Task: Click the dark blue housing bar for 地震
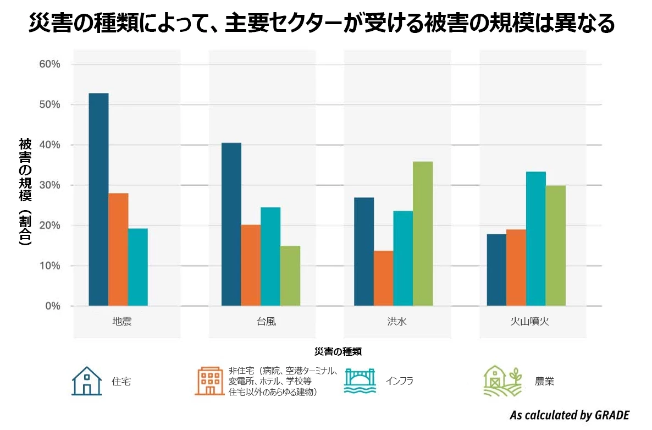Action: click(x=99, y=199)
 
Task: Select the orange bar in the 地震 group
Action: click(x=118, y=249)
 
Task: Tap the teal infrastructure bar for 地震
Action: click(x=138, y=267)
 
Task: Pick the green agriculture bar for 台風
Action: click(x=290, y=275)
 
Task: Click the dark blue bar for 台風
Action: click(x=231, y=224)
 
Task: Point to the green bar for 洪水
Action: click(x=423, y=233)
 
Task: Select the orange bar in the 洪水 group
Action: click(x=384, y=278)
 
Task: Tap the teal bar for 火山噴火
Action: click(x=536, y=239)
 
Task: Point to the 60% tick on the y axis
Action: click(x=49, y=64)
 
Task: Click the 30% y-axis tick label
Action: click(x=49, y=185)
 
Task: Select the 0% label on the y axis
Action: click(x=52, y=306)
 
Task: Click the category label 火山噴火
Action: click(x=528, y=321)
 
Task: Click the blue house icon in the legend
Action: click(x=87, y=381)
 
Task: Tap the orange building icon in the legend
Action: click(x=208, y=381)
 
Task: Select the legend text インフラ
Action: click(x=399, y=381)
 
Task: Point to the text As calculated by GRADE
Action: click(x=569, y=415)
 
